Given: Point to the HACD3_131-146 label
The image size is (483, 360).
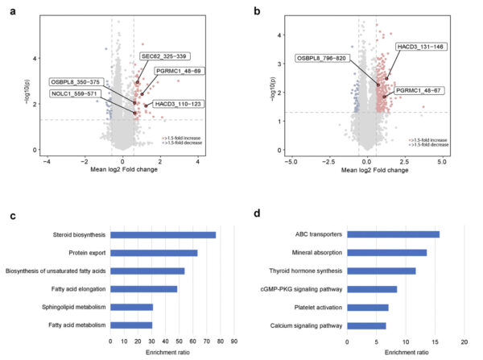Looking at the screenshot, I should click(419, 47).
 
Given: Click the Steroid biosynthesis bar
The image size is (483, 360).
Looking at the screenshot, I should click(163, 235).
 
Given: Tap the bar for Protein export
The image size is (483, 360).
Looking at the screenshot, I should click(154, 253).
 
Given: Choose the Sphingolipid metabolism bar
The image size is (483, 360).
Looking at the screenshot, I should click(131, 307).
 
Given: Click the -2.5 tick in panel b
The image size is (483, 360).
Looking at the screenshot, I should click(328, 162).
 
